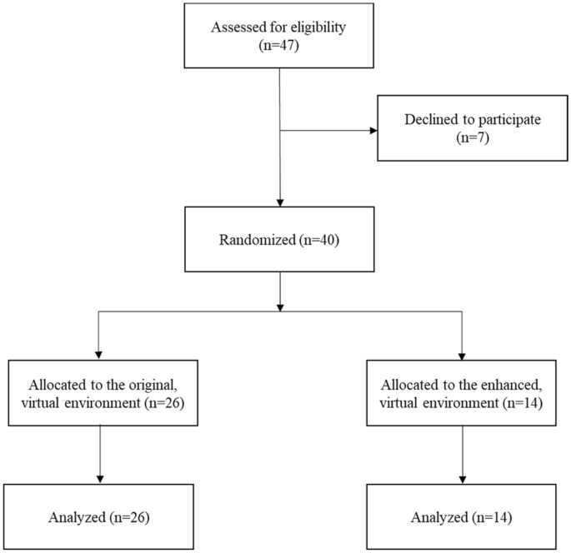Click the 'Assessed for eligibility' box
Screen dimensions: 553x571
279,36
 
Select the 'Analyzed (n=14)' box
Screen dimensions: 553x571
461,517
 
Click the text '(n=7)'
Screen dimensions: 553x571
473,138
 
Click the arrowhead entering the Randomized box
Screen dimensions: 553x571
279,201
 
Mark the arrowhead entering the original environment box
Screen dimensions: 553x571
100,355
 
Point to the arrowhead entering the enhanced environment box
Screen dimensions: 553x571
461,355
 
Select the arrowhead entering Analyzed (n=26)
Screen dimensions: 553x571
100,480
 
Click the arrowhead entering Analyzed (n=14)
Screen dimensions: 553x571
461,480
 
